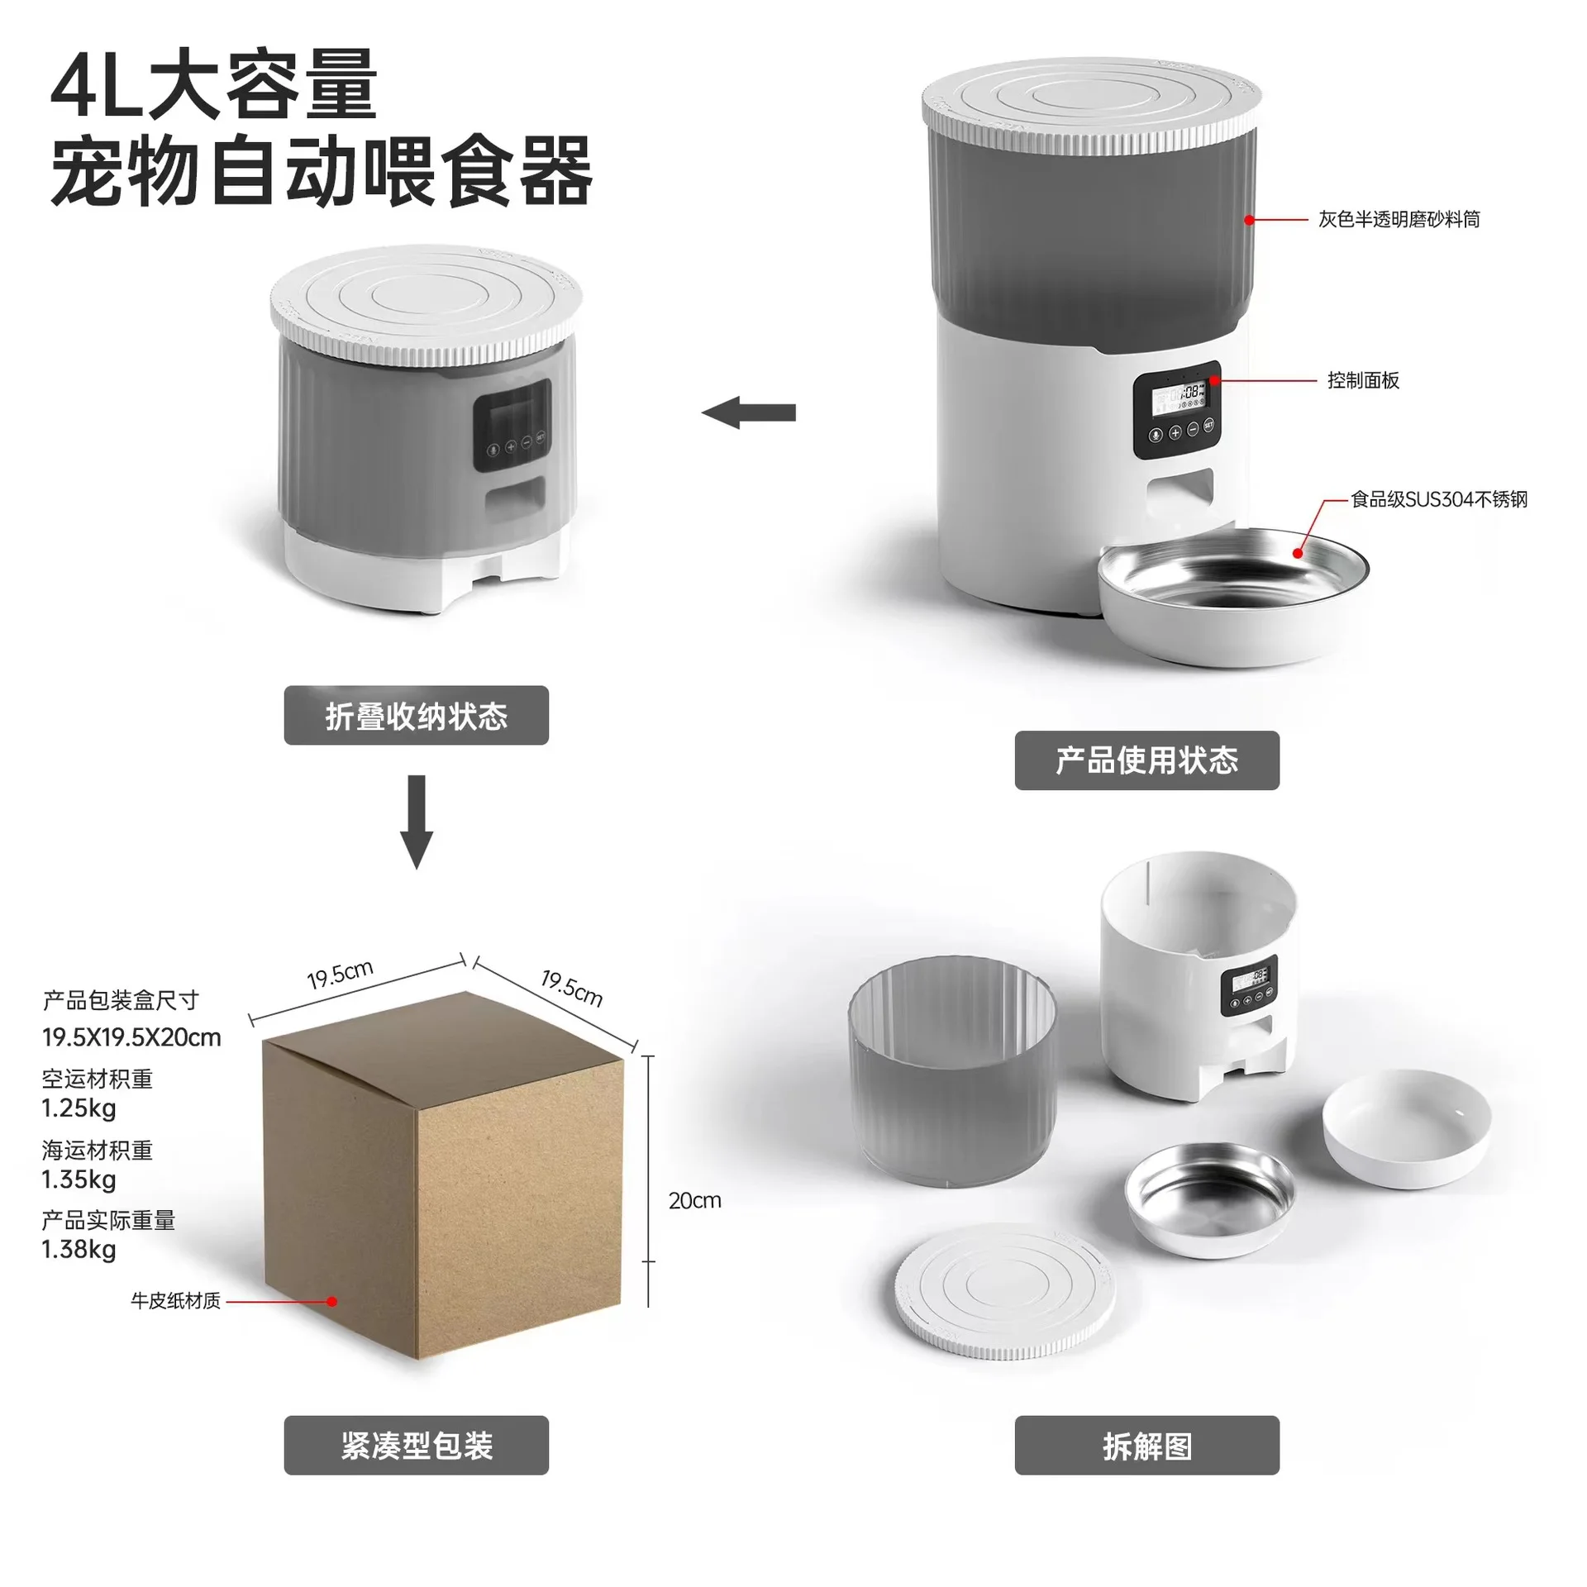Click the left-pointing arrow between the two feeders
click(x=749, y=412)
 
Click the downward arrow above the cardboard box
click(x=417, y=821)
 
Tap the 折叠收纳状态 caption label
click(x=417, y=716)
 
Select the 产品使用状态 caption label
click(x=1146, y=760)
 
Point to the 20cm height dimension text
click(x=694, y=1200)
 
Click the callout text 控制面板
click(x=1363, y=380)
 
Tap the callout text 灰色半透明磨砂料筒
click(x=1399, y=219)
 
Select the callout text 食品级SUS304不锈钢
click(x=1439, y=499)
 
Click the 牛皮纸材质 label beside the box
click(x=175, y=1301)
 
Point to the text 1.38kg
click(x=79, y=1249)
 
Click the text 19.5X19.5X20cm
click(x=131, y=1037)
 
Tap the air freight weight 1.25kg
click(x=79, y=1108)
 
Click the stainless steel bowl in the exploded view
click(x=1209, y=1199)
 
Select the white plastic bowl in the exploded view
click(x=1406, y=1127)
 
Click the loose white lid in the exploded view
click(x=1005, y=1290)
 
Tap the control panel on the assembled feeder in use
click(x=1176, y=410)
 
